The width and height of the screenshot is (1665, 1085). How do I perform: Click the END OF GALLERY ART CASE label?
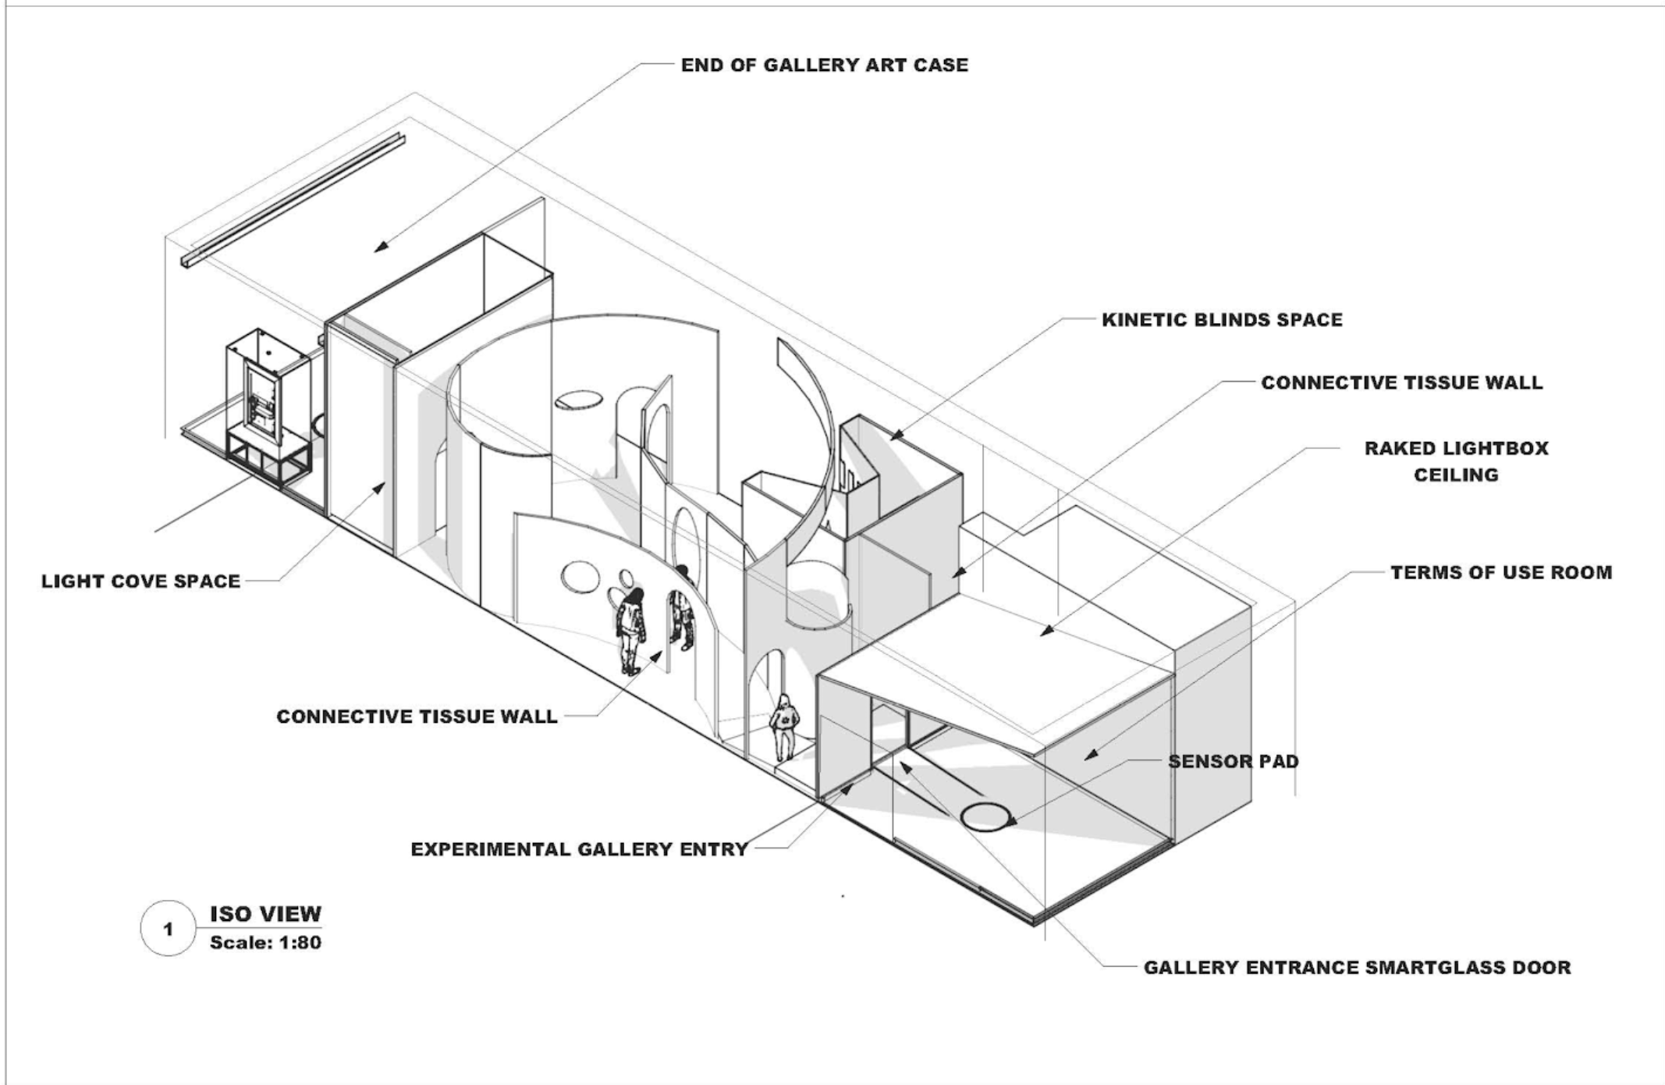(824, 65)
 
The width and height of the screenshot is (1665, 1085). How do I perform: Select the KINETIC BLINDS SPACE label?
(1222, 320)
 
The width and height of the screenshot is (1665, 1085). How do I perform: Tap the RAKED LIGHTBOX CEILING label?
(1456, 461)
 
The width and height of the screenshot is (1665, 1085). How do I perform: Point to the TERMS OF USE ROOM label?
(1500, 573)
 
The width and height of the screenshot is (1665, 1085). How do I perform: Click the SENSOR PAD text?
(1233, 761)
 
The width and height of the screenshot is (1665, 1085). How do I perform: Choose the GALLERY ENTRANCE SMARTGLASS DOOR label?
(1357, 968)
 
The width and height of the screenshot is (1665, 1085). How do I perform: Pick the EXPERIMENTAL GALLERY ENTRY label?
(579, 849)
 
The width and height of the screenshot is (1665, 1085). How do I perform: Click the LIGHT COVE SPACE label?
(140, 582)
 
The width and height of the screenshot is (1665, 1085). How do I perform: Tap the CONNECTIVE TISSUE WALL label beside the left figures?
(417, 717)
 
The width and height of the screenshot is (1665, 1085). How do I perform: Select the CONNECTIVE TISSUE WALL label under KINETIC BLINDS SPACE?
(1401, 382)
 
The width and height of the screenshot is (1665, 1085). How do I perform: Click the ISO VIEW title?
(265, 914)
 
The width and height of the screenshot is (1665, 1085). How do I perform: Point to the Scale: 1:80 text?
(265, 943)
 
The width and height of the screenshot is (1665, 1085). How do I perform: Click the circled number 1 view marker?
(168, 929)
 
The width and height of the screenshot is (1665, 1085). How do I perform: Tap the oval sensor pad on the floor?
(984, 816)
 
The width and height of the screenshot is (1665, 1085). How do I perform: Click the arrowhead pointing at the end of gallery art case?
(380, 247)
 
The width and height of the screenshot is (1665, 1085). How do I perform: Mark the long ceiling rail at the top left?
(293, 198)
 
